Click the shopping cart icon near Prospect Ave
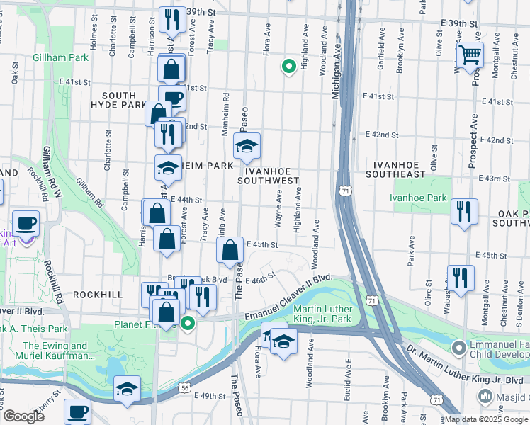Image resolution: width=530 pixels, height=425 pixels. pos(470,55)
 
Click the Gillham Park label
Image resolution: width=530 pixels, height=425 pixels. pos(60,57)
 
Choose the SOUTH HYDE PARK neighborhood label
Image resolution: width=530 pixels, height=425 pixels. pos(118,100)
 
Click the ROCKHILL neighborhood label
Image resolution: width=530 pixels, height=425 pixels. pos(97,294)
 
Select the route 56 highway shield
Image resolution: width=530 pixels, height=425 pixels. pos(184,388)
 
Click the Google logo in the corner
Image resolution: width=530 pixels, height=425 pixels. pos(23,416)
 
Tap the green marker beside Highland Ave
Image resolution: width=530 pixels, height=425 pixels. pos(288,67)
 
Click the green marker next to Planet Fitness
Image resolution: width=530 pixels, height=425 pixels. pos(188,324)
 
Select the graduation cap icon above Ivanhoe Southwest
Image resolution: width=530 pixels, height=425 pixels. pos(247,147)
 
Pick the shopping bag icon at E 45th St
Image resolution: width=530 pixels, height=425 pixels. pos(230,251)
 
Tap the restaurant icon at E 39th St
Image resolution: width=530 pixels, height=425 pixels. pos(171,21)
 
